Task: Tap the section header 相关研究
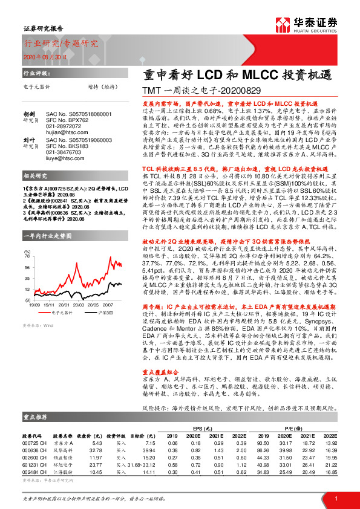(x=33, y=175)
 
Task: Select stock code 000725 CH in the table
(x=35, y=443)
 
